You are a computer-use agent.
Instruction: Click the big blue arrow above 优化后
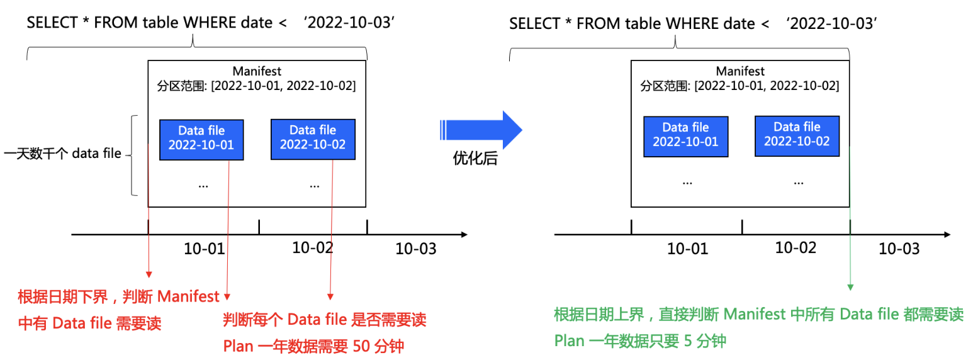coord(481,130)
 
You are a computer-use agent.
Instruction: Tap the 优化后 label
coord(475,158)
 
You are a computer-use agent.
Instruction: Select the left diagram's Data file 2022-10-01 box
coord(201,140)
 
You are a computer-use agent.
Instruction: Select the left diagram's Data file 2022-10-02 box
coord(313,139)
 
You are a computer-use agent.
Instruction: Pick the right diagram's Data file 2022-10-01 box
coord(685,137)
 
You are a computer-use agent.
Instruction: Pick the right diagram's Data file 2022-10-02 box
coord(797,136)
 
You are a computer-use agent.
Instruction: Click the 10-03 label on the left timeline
coord(415,249)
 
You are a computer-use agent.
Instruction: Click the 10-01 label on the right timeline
coord(687,249)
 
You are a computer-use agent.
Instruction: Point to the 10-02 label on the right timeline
coord(795,248)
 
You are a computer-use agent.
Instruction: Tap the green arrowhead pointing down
coord(850,287)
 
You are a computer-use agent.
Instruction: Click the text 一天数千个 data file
coord(62,154)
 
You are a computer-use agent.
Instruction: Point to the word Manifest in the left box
coord(257,71)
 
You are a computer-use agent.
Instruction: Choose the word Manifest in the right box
coord(740,71)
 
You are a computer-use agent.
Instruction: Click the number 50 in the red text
coord(361,346)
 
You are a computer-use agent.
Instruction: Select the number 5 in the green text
coord(688,340)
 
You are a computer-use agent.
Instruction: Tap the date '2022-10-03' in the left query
coord(349,22)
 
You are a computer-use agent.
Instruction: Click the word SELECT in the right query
coord(534,23)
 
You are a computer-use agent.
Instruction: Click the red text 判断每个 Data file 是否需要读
coord(324,320)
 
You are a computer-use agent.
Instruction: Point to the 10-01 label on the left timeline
coord(204,249)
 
